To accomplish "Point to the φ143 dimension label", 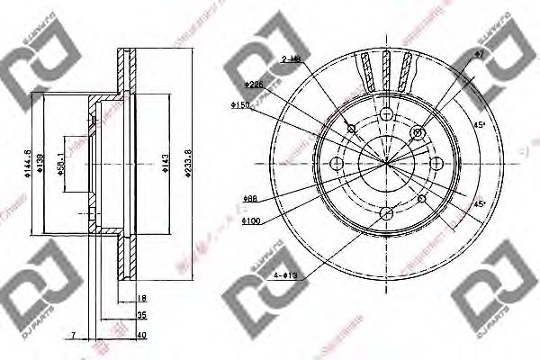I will click(162, 163).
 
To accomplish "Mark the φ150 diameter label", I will click(240, 105).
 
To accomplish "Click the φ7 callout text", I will click(480, 56).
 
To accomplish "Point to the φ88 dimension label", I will click(250, 199).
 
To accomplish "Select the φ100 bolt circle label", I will click(252, 219).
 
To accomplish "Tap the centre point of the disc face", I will click(387, 163).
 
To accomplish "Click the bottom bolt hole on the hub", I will click(387, 212).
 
